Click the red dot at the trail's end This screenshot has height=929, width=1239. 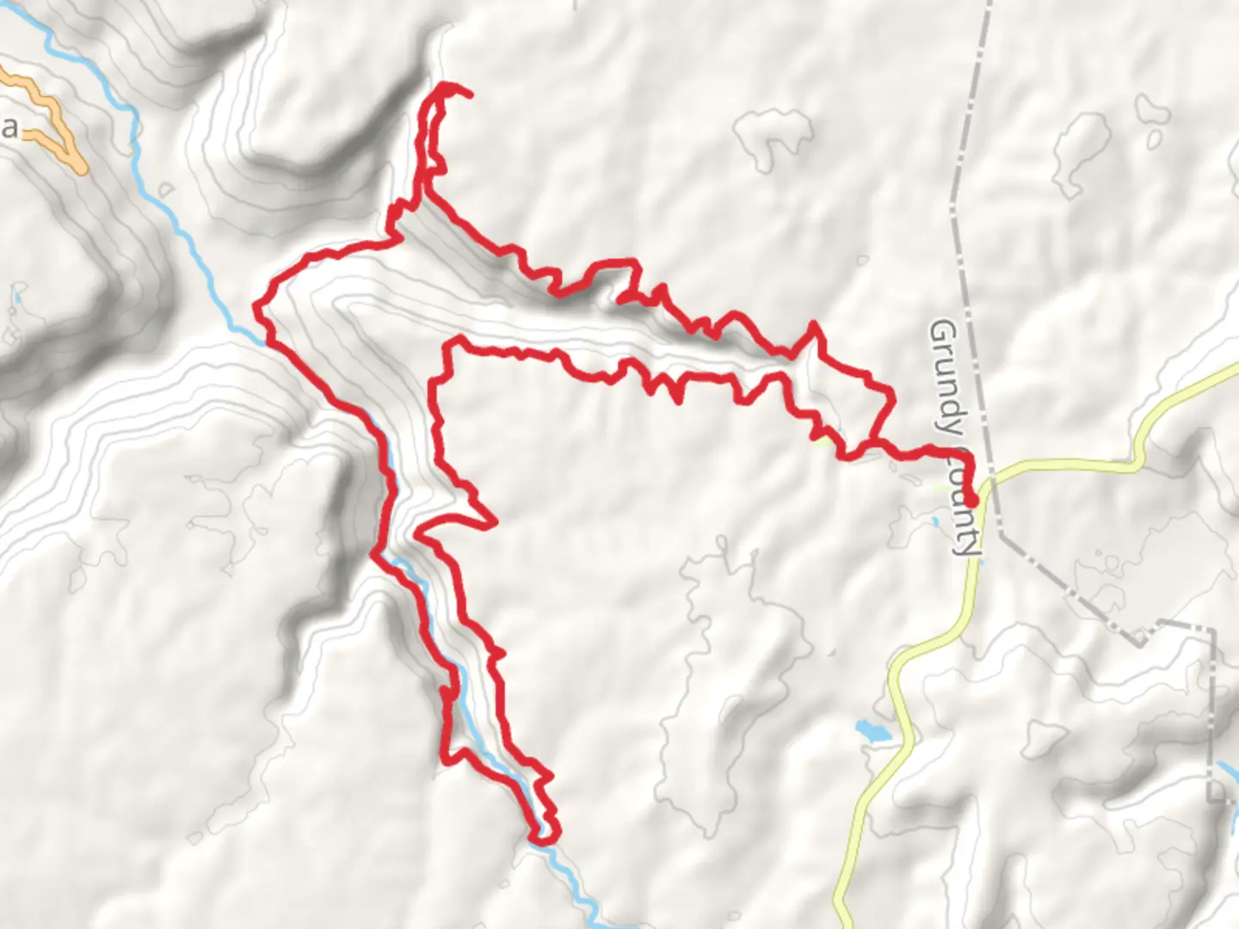point(971,500)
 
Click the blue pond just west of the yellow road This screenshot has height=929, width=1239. point(871,731)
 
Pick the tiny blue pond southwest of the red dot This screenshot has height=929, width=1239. point(935,521)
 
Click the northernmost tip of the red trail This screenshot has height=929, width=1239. point(447,85)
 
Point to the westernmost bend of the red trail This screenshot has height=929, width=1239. point(256,305)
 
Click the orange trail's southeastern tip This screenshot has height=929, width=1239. point(81,167)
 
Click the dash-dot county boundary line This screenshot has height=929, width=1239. point(968,129)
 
